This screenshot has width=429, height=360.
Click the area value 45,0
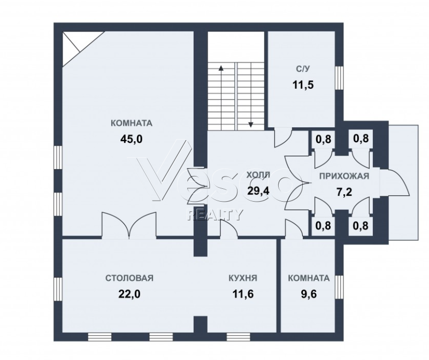132,139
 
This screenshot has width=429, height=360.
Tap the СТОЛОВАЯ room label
129,278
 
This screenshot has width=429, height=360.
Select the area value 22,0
129,294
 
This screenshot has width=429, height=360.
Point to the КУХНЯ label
243,278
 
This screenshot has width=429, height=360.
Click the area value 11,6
243,294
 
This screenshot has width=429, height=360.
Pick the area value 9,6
309,294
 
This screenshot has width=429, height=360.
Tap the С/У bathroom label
303,69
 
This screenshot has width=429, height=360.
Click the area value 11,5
303,85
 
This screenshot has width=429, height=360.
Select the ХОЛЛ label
258,175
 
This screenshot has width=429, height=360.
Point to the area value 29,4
258,190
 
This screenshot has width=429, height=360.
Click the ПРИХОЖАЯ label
344,176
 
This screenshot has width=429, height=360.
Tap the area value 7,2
344,192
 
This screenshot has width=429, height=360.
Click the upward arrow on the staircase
220,98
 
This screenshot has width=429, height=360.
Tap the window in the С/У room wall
339,78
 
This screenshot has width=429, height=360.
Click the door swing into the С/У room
283,137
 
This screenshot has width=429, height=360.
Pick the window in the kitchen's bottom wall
238,337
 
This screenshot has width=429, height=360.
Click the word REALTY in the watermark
214,214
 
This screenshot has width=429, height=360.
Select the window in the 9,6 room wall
339,287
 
